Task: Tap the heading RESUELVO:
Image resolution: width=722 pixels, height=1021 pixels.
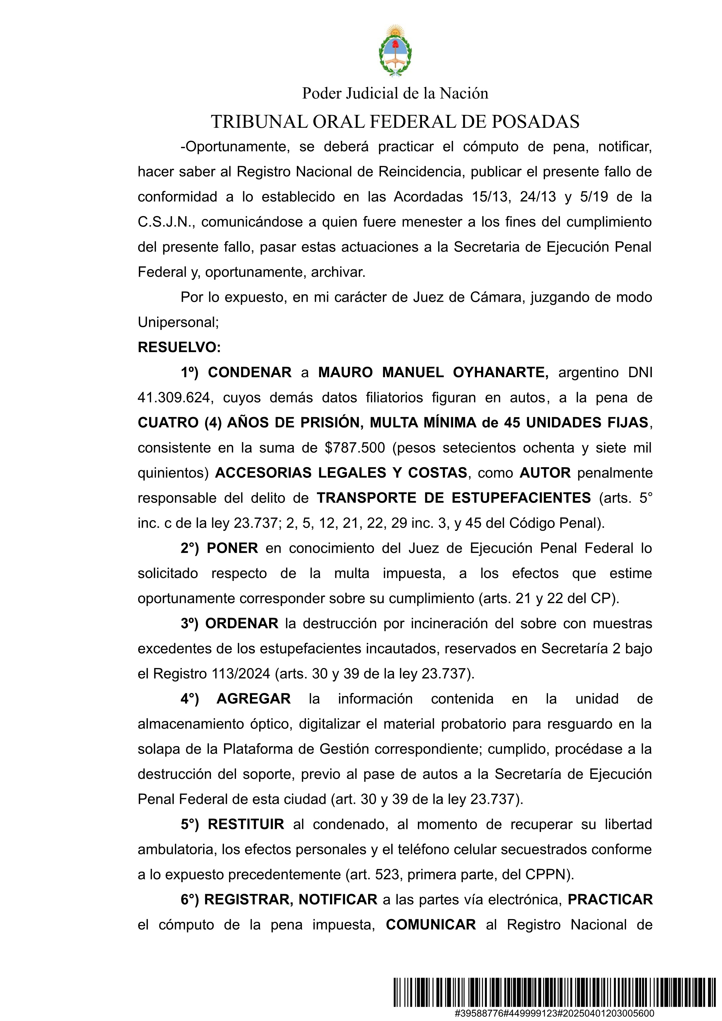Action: [x=179, y=347]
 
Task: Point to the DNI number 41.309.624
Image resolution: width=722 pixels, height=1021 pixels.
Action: [x=173, y=398]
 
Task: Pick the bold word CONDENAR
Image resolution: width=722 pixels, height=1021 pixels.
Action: [x=249, y=372]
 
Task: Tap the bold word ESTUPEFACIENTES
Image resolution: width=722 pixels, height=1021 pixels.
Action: [x=521, y=498]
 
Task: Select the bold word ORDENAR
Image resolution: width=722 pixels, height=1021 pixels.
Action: [x=242, y=623]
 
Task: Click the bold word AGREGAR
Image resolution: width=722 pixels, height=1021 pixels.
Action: [x=253, y=699]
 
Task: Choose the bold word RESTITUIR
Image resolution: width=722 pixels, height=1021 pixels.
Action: [x=246, y=824]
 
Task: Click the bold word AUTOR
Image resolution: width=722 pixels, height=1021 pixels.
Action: [x=545, y=473]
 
